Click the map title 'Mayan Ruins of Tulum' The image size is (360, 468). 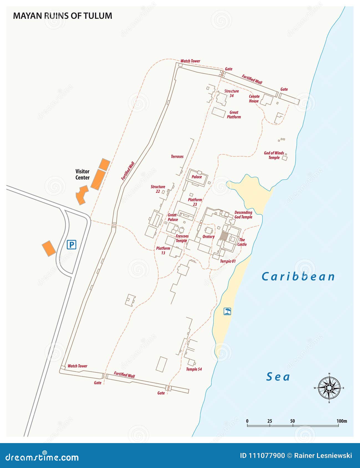(x=63, y=16)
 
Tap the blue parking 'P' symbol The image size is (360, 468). (x=72, y=245)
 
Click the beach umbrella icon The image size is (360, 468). (x=227, y=311)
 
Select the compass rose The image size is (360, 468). (x=329, y=388)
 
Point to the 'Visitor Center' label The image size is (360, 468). (x=82, y=174)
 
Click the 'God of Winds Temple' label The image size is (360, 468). (x=274, y=155)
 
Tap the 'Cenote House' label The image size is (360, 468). (x=254, y=99)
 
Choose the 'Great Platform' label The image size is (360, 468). (x=234, y=115)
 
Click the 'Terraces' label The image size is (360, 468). (x=177, y=156)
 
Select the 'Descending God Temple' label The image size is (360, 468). (x=243, y=215)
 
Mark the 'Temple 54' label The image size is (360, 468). (x=194, y=369)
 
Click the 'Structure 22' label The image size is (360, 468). (x=158, y=189)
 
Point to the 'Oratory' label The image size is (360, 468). (x=208, y=236)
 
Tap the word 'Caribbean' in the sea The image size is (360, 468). (x=298, y=276)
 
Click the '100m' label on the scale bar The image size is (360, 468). (x=342, y=421)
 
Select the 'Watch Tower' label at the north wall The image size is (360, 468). (x=190, y=61)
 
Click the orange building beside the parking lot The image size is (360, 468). (x=49, y=248)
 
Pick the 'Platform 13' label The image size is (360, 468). (x=163, y=250)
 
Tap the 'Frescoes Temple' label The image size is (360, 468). (x=182, y=238)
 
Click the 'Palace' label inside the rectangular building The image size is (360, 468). (x=197, y=177)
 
